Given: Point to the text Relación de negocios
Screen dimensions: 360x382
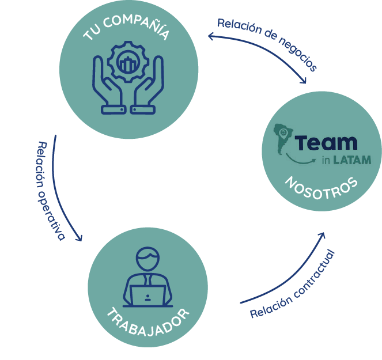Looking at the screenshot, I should pos(266,44).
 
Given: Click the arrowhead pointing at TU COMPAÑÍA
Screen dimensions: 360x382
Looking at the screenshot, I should pos(211,37).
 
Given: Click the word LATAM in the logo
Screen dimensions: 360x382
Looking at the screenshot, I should pos(351,159).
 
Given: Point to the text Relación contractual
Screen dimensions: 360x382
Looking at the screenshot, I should pos(292,285).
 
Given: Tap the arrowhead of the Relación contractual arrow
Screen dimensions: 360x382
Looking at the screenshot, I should pos(322,236).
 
